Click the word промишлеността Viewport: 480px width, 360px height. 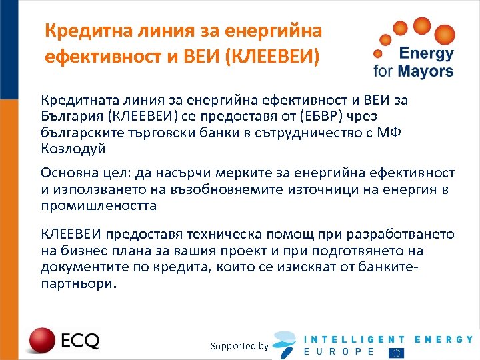click(99, 205)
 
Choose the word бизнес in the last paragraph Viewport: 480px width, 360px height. click(81, 251)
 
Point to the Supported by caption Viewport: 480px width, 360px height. click(239, 346)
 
